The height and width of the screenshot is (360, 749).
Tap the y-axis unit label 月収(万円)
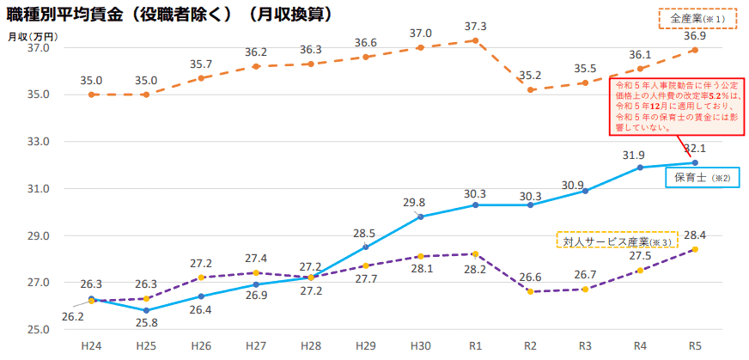pyautogui.click(x=32, y=36)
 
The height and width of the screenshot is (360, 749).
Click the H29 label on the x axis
pyautogui.click(x=366, y=345)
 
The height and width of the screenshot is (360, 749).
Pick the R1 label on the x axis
pyautogui.click(x=475, y=345)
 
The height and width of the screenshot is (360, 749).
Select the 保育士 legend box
pyautogui.click(x=701, y=178)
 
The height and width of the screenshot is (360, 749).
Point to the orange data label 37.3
pyautogui.click(x=475, y=27)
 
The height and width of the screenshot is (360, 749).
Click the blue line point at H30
pyautogui.click(x=421, y=217)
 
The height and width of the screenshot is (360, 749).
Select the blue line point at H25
pyautogui.click(x=146, y=310)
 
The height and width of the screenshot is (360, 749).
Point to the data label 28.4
pyautogui.click(x=694, y=235)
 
